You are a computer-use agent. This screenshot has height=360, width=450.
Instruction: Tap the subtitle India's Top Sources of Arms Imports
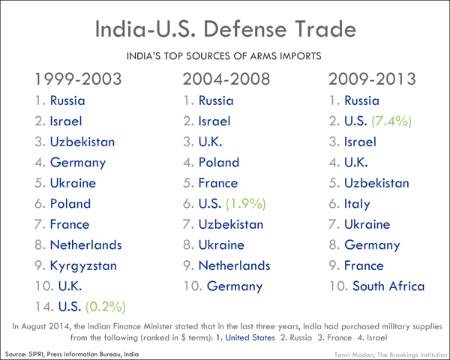coord(224,55)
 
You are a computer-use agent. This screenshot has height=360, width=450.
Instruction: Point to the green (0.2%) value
coord(106,306)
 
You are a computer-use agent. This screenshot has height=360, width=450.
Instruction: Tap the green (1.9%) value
coord(252,203)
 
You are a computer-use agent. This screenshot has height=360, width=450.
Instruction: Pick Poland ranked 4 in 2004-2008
coord(218,162)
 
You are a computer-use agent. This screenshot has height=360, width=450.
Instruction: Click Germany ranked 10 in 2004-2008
coord(234,286)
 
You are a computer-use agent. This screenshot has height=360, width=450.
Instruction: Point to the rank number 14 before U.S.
coord(43,306)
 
